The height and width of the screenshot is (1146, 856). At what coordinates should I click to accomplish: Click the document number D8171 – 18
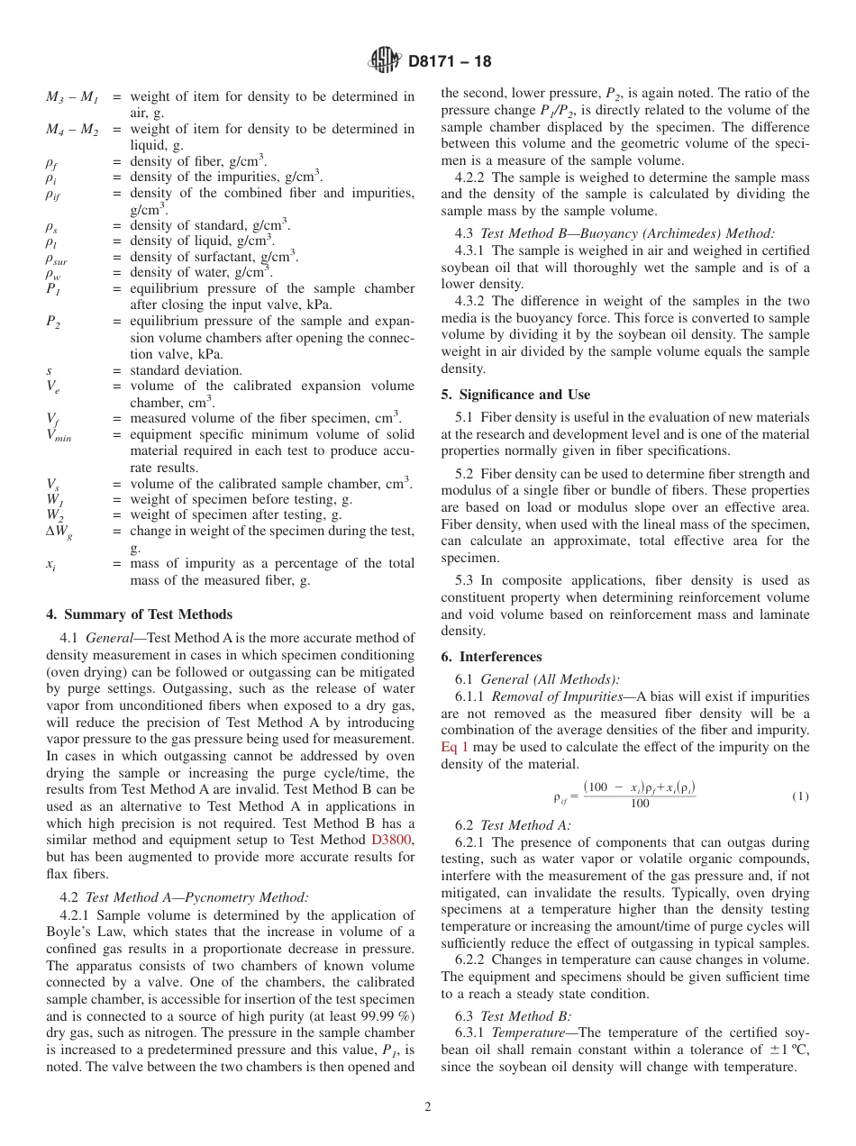450,62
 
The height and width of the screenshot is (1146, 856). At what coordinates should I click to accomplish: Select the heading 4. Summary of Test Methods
139,614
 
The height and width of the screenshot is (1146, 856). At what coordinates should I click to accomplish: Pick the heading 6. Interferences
491,657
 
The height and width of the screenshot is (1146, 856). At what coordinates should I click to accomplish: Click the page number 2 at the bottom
428,1107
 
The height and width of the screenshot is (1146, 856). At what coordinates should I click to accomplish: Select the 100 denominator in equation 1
639,805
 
